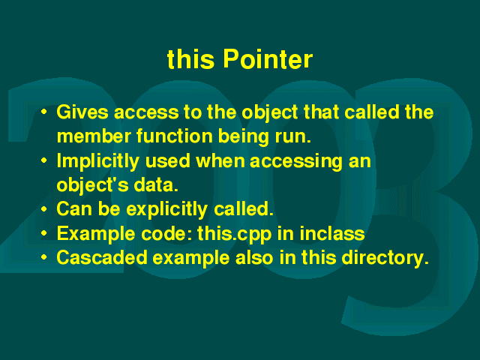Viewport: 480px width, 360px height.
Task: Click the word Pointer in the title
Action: [x=268, y=58]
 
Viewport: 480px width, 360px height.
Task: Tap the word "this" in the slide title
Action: [x=190, y=58]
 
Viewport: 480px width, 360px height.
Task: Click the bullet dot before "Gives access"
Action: [x=44, y=112]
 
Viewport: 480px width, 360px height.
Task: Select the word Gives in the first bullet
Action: [x=82, y=112]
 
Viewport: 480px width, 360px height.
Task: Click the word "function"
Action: [x=175, y=136]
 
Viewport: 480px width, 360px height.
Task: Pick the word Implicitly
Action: [x=98, y=161]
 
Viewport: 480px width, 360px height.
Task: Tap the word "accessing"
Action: [x=296, y=161]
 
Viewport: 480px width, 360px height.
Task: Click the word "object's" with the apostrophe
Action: [x=92, y=185]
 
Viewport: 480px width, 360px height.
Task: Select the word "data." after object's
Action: [x=156, y=185]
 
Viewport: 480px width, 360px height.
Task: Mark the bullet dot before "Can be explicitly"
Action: [x=44, y=208]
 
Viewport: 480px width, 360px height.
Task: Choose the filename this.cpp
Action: [x=235, y=234]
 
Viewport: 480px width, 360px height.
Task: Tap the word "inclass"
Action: [x=332, y=233]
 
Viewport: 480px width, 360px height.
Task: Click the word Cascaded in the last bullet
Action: [x=102, y=257]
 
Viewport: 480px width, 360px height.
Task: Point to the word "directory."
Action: [x=385, y=258]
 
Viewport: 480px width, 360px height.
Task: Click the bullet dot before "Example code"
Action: [x=44, y=233]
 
